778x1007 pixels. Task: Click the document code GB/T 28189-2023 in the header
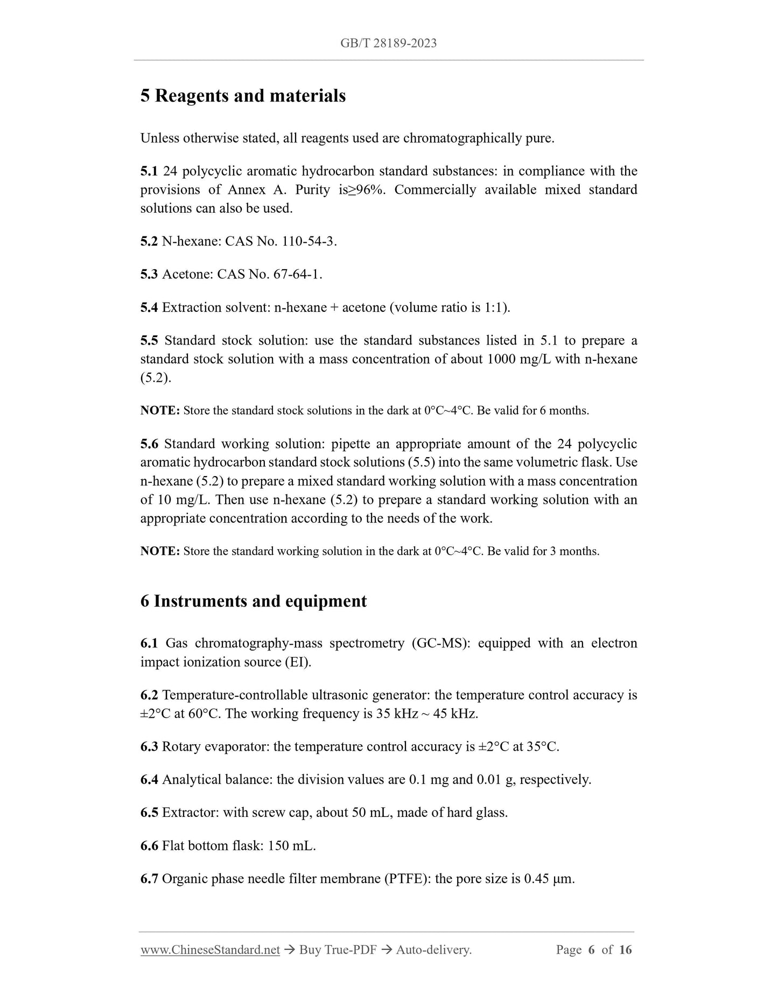click(388, 43)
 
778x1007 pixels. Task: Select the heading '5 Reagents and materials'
click(243, 96)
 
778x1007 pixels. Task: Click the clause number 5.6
click(149, 444)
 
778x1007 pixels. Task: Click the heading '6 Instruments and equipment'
click(254, 601)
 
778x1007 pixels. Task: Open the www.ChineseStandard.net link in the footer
click(210, 950)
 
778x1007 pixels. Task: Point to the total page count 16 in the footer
click(626, 950)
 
